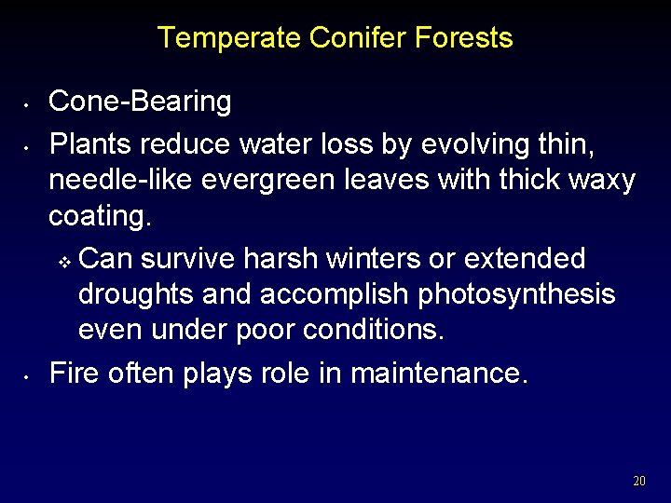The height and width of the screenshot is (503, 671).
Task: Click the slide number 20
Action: (x=638, y=482)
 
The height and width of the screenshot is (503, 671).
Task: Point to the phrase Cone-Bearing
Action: (x=140, y=102)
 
